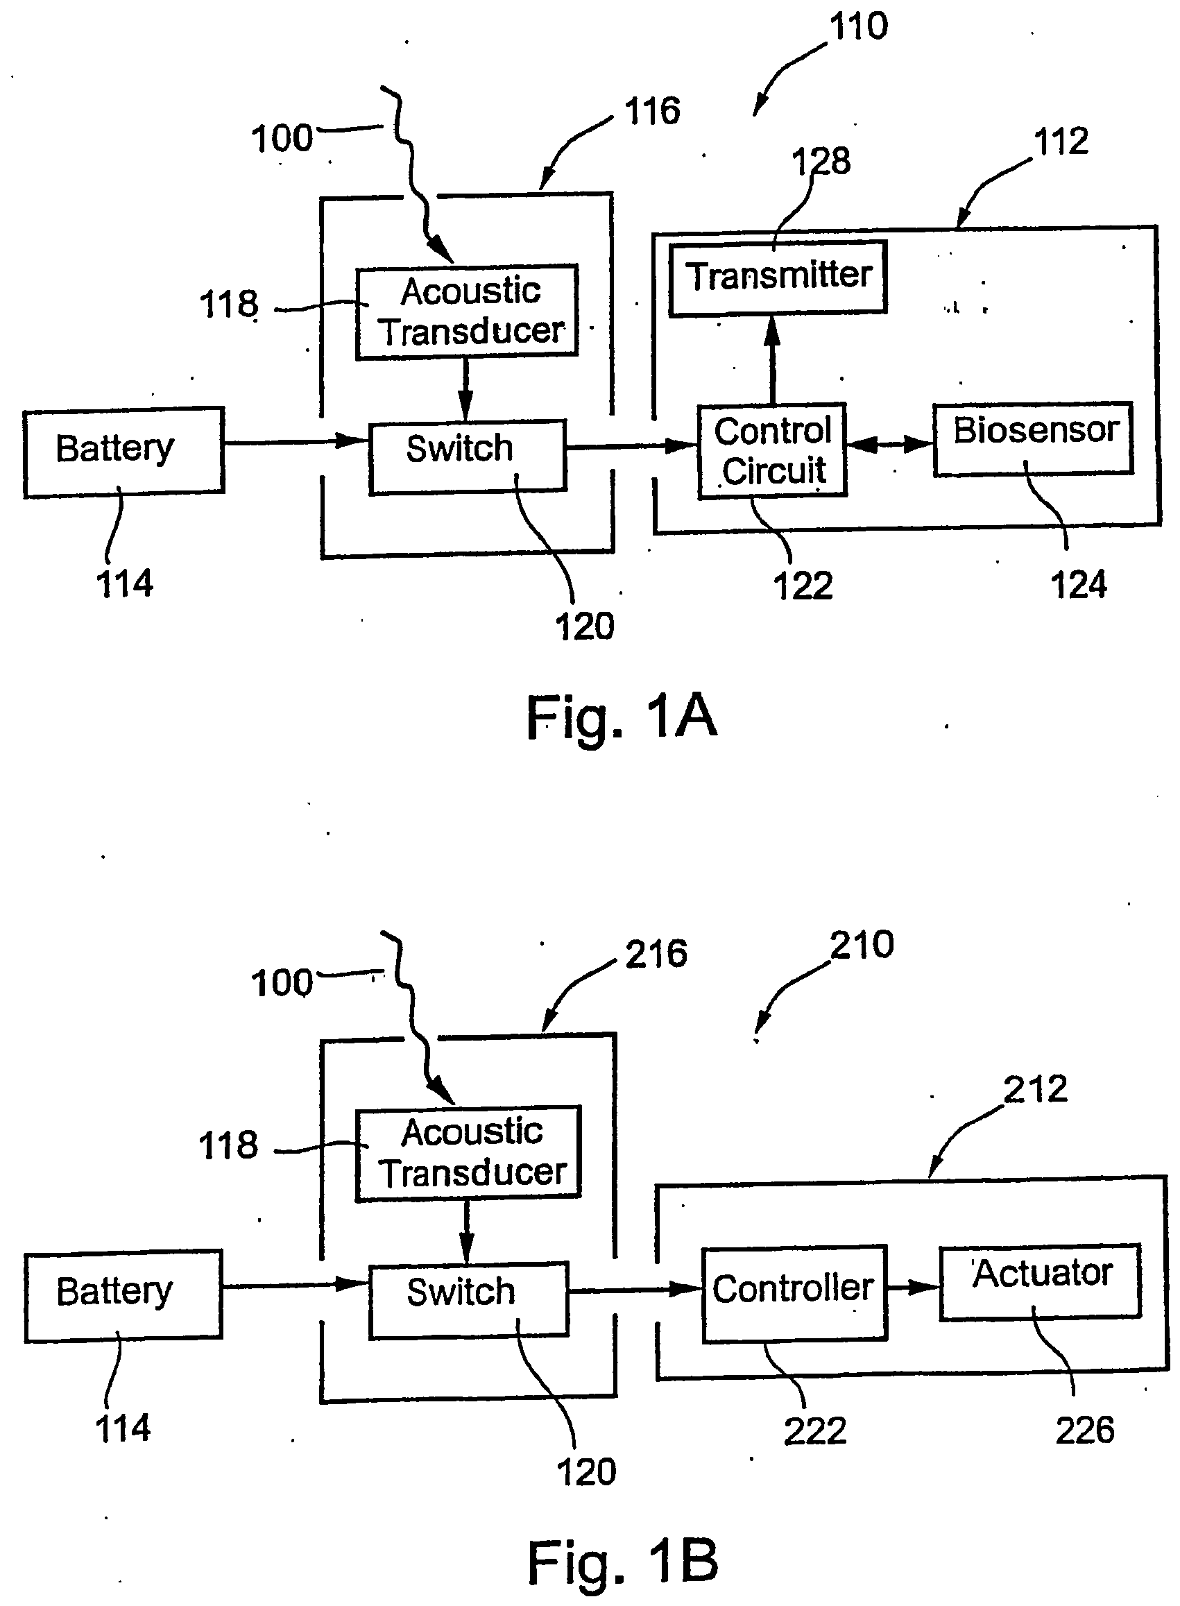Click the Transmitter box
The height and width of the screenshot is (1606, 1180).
(x=778, y=277)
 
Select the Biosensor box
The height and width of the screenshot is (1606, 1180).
(x=1033, y=438)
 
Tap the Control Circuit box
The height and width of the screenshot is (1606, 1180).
(x=772, y=450)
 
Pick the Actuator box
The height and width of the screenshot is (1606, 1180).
(x=1040, y=1281)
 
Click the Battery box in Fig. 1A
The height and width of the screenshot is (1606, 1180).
(x=123, y=452)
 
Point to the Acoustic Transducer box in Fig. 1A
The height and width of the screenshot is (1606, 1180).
(x=467, y=311)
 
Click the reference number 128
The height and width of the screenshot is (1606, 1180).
(x=821, y=161)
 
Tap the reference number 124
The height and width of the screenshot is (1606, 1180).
(x=1078, y=585)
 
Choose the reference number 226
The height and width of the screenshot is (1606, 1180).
(x=1084, y=1430)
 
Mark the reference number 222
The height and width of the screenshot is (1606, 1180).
(x=814, y=1431)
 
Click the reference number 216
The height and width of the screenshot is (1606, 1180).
(x=656, y=955)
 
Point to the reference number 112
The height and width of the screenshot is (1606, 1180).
(x=1061, y=142)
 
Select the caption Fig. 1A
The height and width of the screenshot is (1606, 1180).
(x=621, y=717)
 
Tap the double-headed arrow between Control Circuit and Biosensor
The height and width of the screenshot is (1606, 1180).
(x=890, y=445)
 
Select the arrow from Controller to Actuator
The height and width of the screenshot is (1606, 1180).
(x=913, y=1288)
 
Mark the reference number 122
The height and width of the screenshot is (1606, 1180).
(x=803, y=586)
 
